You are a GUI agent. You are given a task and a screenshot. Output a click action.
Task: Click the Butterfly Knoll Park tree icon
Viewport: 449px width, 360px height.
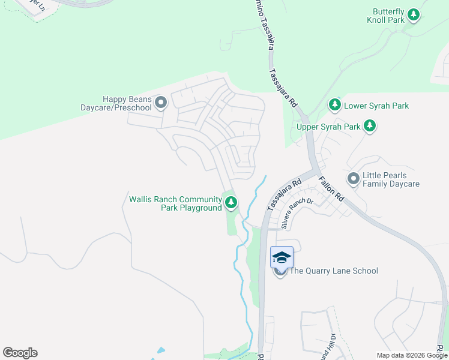[412, 16]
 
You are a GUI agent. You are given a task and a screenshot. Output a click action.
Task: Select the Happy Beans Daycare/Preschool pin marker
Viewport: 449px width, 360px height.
[160, 103]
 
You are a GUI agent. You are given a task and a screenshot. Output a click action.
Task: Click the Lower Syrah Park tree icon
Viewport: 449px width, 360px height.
[335, 106]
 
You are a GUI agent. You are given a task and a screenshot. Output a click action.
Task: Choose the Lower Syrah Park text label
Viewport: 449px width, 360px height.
[376, 106]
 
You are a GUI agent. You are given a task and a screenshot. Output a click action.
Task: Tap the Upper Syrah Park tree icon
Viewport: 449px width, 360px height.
[370, 126]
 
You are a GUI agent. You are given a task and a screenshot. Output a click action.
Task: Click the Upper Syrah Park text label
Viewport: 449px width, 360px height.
[328, 127]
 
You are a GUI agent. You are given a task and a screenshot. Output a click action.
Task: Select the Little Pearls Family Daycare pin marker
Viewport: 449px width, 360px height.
[354, 179]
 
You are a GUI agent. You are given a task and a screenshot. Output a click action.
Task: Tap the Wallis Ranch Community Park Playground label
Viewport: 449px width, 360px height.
[175, 203]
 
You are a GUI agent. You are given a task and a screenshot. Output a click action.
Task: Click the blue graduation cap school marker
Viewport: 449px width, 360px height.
[282, 257]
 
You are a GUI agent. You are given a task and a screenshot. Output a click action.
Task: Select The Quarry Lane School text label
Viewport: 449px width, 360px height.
[334, 271]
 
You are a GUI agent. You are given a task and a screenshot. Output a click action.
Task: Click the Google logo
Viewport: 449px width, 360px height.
[20, 353]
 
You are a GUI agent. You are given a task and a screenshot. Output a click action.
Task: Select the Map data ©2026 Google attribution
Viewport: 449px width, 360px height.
[412, 355]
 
